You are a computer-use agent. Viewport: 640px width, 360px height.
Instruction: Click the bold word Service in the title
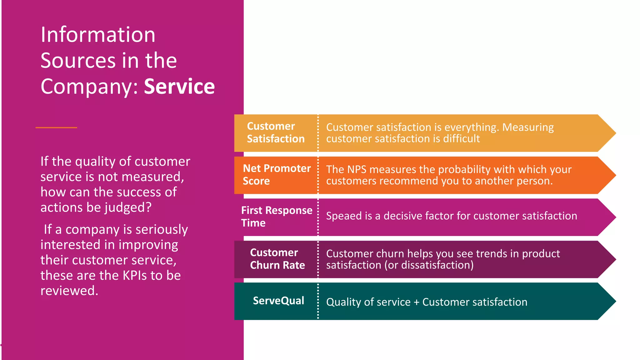tap(179, 87)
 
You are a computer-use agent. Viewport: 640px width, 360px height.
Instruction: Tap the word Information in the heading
tap(98, 35)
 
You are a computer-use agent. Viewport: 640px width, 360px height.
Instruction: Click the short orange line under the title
tap(56, 127)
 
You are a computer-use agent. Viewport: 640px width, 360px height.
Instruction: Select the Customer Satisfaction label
tap(275, 132)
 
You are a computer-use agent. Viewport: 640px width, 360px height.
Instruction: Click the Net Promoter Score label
tap(277, 175)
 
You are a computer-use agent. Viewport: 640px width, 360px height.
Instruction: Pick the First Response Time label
tap(276, 217)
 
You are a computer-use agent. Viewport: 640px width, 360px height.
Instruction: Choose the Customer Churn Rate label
tap(277, 259)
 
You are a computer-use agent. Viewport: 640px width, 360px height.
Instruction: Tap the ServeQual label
tap(278, 301)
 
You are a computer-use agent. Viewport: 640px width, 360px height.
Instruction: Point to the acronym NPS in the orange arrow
tap(357, 170)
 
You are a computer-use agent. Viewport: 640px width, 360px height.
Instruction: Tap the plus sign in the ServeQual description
tap(416, 302)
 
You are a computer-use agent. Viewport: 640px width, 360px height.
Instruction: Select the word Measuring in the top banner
tap(528, 127)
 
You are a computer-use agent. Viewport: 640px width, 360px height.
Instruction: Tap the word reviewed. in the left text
tap(69, 291)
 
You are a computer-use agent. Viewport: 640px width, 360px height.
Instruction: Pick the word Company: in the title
tap(89, 87)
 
